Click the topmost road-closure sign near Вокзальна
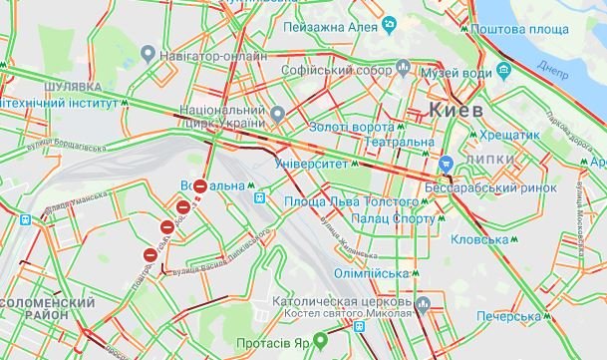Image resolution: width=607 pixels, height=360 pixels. pyautogui.click(x=200, y=186)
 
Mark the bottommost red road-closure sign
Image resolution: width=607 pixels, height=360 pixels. pyautogui.click(x=151, y=255)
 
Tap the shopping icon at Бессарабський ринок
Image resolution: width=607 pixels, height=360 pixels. pyautogui.click(x=449, y=164)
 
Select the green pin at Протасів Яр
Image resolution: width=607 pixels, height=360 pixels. pyautogui.click(x=321, y=338)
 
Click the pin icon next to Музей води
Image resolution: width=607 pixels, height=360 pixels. pyautogui.click(x=402, y=70)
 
